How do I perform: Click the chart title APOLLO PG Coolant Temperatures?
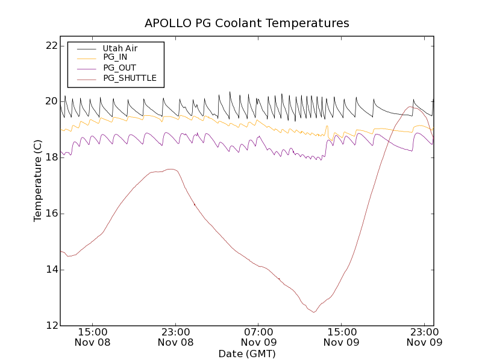pyautogui.click(x=246, y=24)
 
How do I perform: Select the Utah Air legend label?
pyautogui.click(x=120, y=48)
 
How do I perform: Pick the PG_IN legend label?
pyautogui.click(x=115, y=57)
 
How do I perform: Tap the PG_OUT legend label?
pyautogui.click(x=119, y=68)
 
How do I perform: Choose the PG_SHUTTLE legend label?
pyautogui.click(x=130, y=78)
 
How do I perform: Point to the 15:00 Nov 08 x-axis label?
pyautogui.click(x=92, y=337)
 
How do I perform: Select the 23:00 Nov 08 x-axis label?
pyautogui.click(x=175, y=337)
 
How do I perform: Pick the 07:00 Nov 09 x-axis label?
pyautogui.click(x=258, y=337)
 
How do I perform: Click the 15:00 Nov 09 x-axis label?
pyautogui.click(x=342, y=337)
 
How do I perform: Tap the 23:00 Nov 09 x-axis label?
pyautogui.click(x=425, y=337)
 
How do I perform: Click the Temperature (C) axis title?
pyautogui.click(x=38, y=181)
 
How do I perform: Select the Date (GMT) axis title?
pyautogui.click(x=246, y=354)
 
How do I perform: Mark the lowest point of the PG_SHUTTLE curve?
pyautogui.click(x=313, y=312)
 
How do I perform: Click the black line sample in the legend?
pyautogui.click(x=86, y=48)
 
